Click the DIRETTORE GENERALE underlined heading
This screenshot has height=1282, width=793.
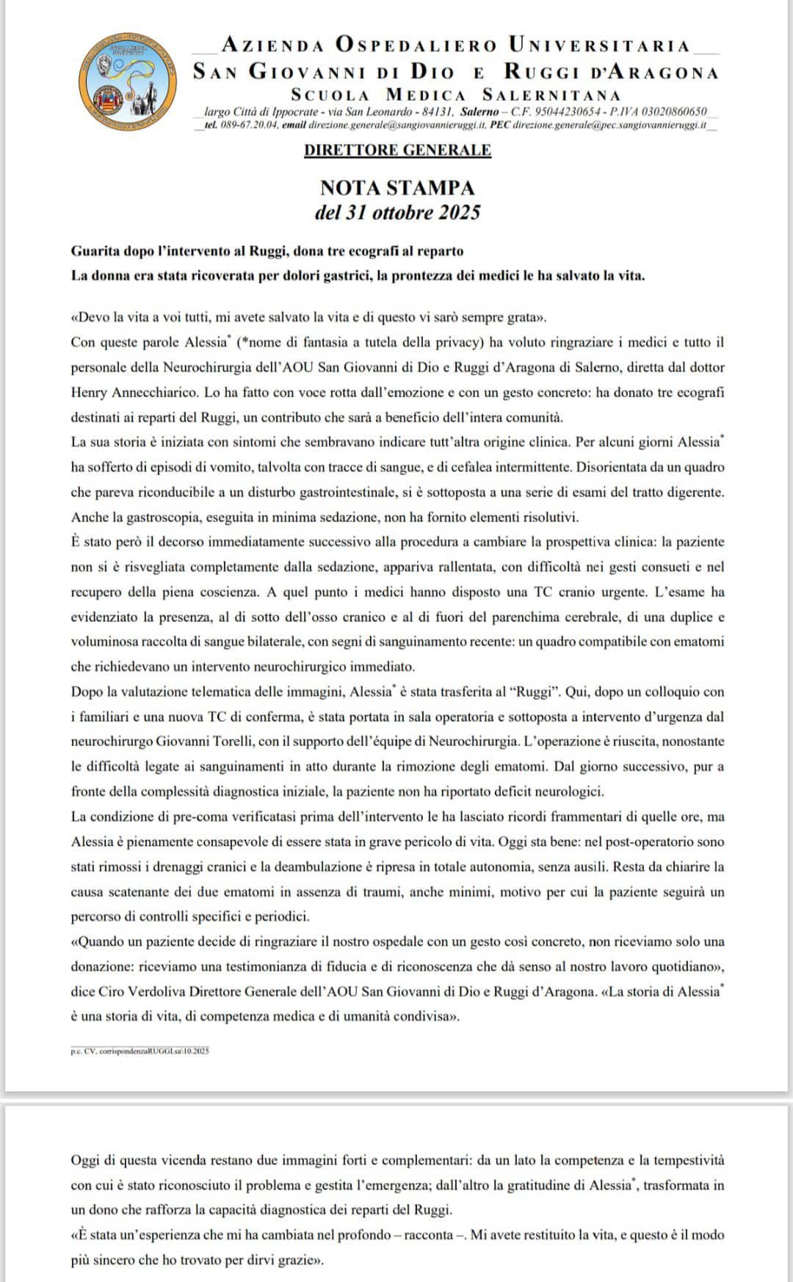397,151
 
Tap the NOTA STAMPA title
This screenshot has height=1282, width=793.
397,188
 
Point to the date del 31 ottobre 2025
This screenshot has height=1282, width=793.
397,213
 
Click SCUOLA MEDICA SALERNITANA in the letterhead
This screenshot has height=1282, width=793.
455,95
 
